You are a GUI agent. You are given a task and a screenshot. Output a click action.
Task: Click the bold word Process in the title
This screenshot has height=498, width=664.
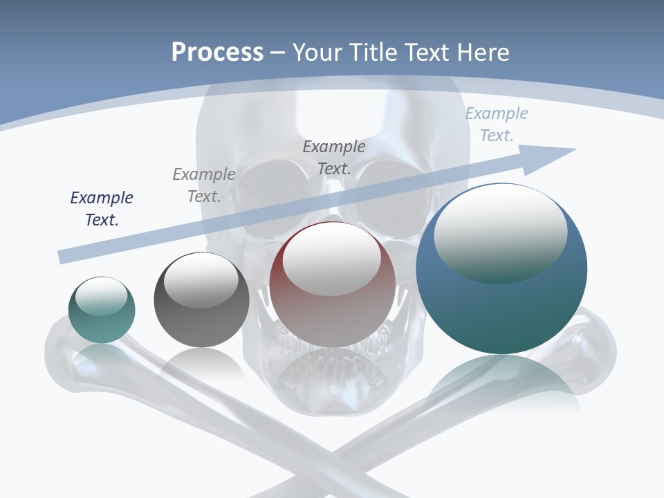[x=217, y=53]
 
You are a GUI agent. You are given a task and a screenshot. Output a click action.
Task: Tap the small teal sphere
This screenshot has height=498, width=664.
[x=102, y=310]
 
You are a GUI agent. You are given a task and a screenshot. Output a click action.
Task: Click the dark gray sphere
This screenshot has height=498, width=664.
[x=201, y=300]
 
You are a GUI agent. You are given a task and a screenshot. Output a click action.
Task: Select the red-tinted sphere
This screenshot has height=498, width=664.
[x=333, y=284]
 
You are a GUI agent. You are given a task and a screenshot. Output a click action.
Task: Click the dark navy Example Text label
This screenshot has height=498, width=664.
[x=102, y=209]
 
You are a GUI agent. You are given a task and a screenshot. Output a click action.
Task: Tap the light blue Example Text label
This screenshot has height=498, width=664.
[x=496, y=124]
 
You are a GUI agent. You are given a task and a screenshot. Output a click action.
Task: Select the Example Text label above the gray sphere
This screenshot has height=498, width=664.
[x=204, y=185]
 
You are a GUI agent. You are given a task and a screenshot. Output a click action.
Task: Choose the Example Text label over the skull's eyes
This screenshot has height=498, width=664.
[x=334, y=157]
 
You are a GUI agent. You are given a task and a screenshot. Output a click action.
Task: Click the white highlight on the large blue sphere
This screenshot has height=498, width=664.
[x=500, y=232]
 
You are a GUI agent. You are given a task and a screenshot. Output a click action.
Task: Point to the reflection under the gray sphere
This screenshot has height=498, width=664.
[x=201, y=364]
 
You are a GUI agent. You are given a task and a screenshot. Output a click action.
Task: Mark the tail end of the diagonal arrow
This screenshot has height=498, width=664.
[x=64, y=257]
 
